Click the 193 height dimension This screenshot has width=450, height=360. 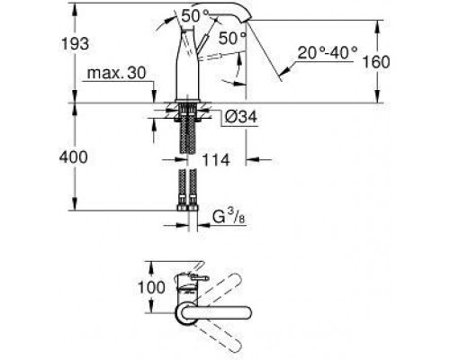coord(75,44)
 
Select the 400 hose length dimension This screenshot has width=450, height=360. coord(74,157)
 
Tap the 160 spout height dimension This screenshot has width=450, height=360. coord(376,62)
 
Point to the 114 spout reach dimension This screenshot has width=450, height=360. coord(216,160)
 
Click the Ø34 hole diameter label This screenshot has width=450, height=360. coord(241,116)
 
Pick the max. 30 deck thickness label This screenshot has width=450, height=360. coord(116,73)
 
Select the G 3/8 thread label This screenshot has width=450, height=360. coord(229,217)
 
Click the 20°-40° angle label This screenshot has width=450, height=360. coord(328,53)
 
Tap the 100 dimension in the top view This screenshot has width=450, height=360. coord(151,287)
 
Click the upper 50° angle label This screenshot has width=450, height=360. coord(194,16)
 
